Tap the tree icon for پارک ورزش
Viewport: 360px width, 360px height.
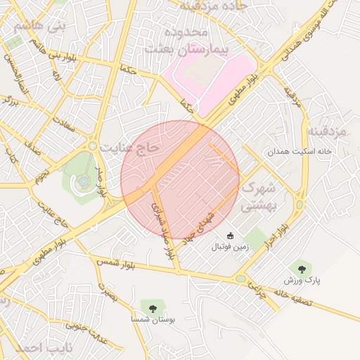point(302,269)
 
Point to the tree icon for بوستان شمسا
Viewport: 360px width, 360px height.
point(151,307)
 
